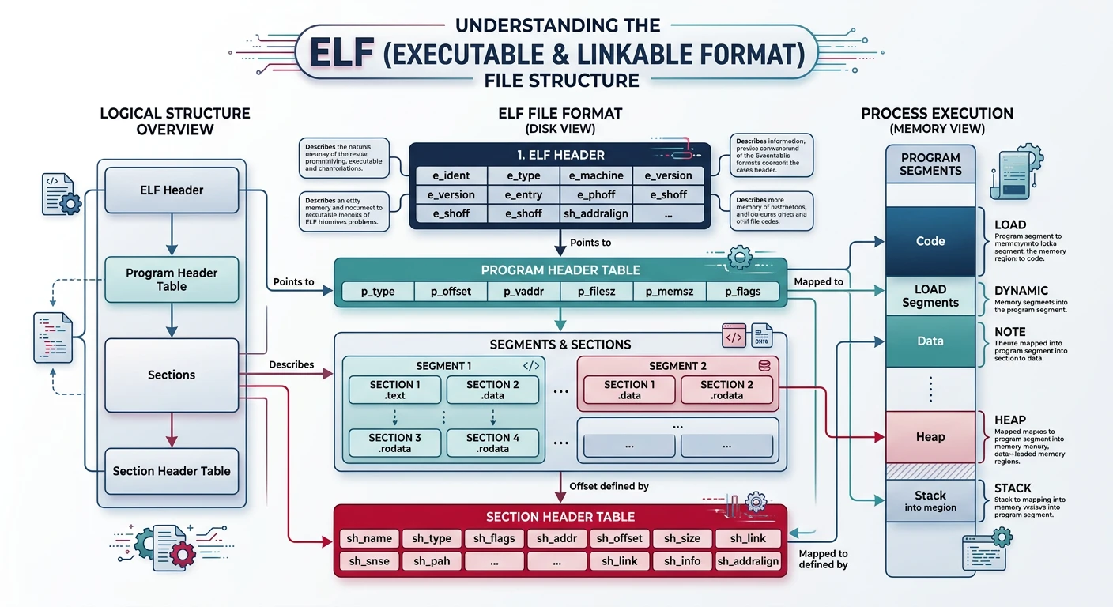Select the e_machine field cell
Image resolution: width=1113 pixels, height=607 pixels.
coord(595,175)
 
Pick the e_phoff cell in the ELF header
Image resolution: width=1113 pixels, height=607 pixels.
coord(595,194)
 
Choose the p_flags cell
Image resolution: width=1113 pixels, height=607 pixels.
coord(742,292)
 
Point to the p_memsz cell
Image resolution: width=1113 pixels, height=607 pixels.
coord(670,292)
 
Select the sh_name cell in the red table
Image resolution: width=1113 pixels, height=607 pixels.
coord(369,538)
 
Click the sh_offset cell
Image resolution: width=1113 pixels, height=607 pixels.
coord(620,538)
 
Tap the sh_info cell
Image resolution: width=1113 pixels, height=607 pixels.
coord(681,561)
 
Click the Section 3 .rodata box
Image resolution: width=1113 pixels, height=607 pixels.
coord(395,443)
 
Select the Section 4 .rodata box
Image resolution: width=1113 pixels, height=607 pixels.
coord(492,443)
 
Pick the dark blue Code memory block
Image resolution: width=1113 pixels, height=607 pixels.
coord(930,241)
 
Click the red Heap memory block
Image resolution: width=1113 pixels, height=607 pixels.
coord(930,436)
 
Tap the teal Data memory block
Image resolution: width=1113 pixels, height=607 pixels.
coord(930,341)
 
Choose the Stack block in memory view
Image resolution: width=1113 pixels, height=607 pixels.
coord(930,501)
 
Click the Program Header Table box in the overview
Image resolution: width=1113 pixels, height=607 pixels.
coord(172,280)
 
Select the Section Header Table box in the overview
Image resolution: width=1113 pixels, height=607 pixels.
coord(172,471)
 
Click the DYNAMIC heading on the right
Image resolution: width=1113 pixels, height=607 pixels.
coord(1021,291)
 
